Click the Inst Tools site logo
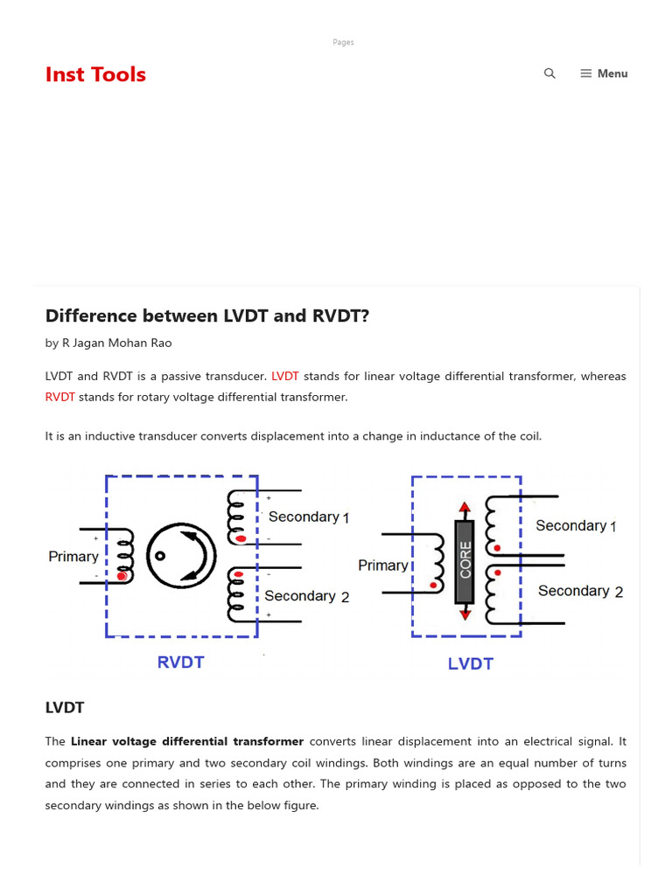click(x=95, y=74)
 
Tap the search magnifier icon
click(x=549, y=73)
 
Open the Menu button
click(x=604, y=73)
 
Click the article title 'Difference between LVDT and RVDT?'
click(x=207, y=316)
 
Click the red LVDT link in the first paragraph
click(x=285, y=376)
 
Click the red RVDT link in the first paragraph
click(x=60, y=397)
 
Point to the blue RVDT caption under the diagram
click(x=180, y=662)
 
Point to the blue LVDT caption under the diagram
click(x=471, y=663)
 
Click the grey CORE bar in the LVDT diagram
click(x=465, y=562)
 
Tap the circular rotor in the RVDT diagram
click(x=181, y=556)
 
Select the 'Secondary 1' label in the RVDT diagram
click(x=309, y=517)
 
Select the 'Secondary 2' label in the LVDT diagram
click(x=580, y=591)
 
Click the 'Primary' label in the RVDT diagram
click(x=73, y=556)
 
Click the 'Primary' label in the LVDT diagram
click(x=383, y=565)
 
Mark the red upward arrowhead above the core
click(x=465, y=507)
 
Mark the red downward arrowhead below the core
click(x=465, y=614)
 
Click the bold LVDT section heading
click(x=65, y=707)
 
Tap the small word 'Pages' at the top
click(x=343, y=42)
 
